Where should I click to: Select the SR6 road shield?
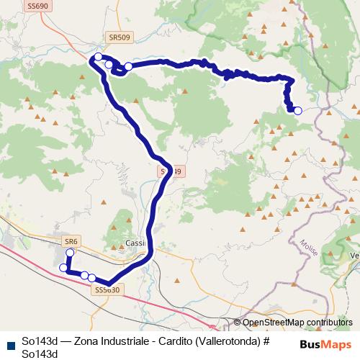click(70, 240)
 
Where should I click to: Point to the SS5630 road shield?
click(106, 289)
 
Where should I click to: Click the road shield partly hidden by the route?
click(170, 171)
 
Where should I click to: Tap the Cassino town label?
click(135, 243)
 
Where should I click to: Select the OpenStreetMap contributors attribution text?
click(297, 323)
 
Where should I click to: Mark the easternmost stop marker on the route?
click(297, 110)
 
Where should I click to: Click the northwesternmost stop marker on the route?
click(98, 55)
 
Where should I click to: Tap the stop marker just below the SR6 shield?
click(70, 253)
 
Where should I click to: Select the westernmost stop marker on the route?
click(63, 268)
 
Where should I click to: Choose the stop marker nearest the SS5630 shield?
click(91, 277)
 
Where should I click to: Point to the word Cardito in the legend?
click(162, 341)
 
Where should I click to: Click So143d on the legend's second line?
click(40, 353)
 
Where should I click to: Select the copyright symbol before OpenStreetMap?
click(238, 323)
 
